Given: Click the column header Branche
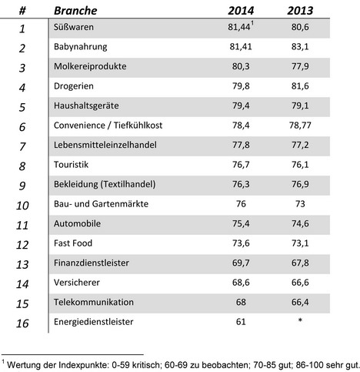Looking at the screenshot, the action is [x=75, y=11].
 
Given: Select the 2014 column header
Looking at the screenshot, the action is [x=241, y=11].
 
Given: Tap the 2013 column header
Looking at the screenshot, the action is [x=300, y=11].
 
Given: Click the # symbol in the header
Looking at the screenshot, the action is [x=22, y=11].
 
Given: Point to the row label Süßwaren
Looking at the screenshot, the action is [x=74, y=27].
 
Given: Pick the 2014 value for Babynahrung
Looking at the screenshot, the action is [x=241, y=47].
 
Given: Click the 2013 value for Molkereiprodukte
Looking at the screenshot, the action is [x=300, y=66].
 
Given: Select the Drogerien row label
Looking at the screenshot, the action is [x=74, y=86].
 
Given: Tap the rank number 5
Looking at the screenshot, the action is [x=22, y=107].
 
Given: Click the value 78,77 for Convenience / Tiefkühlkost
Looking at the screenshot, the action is [x=300, y=126].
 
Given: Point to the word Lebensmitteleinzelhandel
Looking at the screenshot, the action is [x=105, y=145].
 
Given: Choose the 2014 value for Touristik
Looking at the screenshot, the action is [x=241, y=165].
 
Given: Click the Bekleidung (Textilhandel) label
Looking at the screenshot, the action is [x=105, y=184].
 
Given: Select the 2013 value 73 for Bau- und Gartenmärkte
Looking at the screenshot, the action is [x=300, y=204].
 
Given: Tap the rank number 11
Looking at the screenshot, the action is [x=22, y=225].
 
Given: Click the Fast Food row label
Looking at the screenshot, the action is [x=73, y=243].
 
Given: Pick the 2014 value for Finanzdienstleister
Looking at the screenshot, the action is [x=241, y=263].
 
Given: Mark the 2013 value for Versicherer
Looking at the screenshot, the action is [x=300, y=283].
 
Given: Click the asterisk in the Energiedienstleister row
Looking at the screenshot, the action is [x=300, y=320].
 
